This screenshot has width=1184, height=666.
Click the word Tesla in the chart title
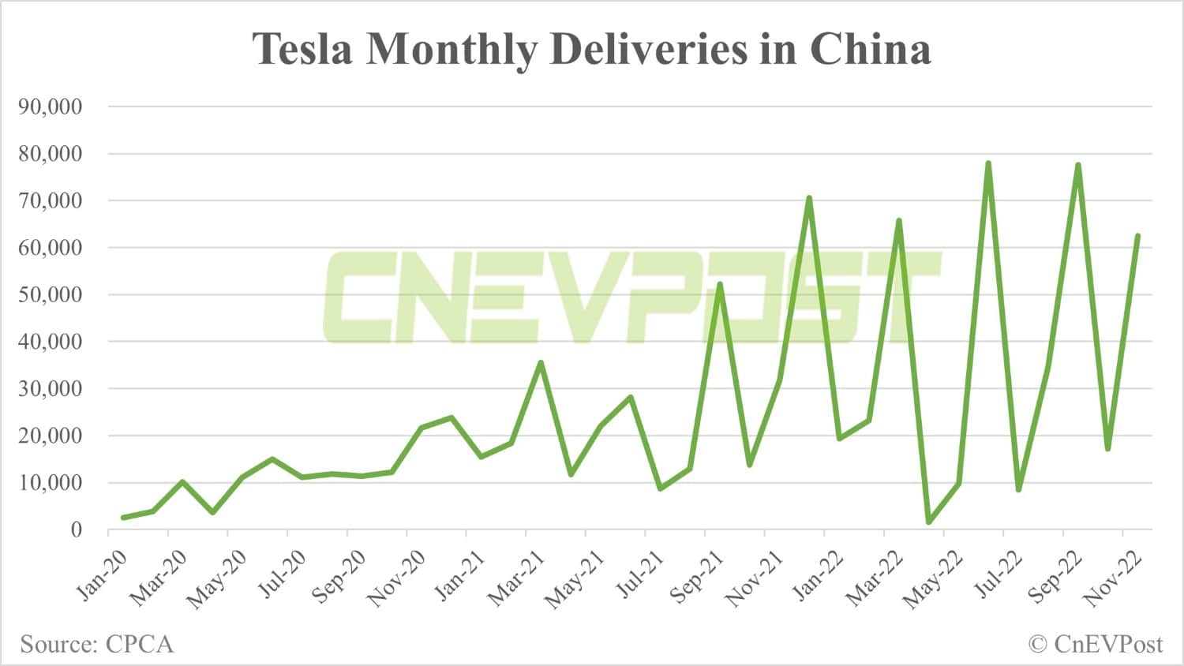[x=302, y=49]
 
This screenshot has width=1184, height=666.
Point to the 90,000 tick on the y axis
[x=50, y=107]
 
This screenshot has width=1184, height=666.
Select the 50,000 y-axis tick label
[x=50, y=294]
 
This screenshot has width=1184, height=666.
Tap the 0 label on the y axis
[x=76, y=529]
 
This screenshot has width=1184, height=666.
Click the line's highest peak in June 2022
[x=988, y=163]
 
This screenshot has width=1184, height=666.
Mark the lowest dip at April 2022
[x=928, y=522]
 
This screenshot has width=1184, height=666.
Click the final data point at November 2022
[x=1137, y=236]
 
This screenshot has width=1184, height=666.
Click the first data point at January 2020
[x=123, y=518]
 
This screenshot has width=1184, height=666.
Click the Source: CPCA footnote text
[x=96, y=644]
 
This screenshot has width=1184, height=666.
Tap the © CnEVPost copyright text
[x=1096, y=644]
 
